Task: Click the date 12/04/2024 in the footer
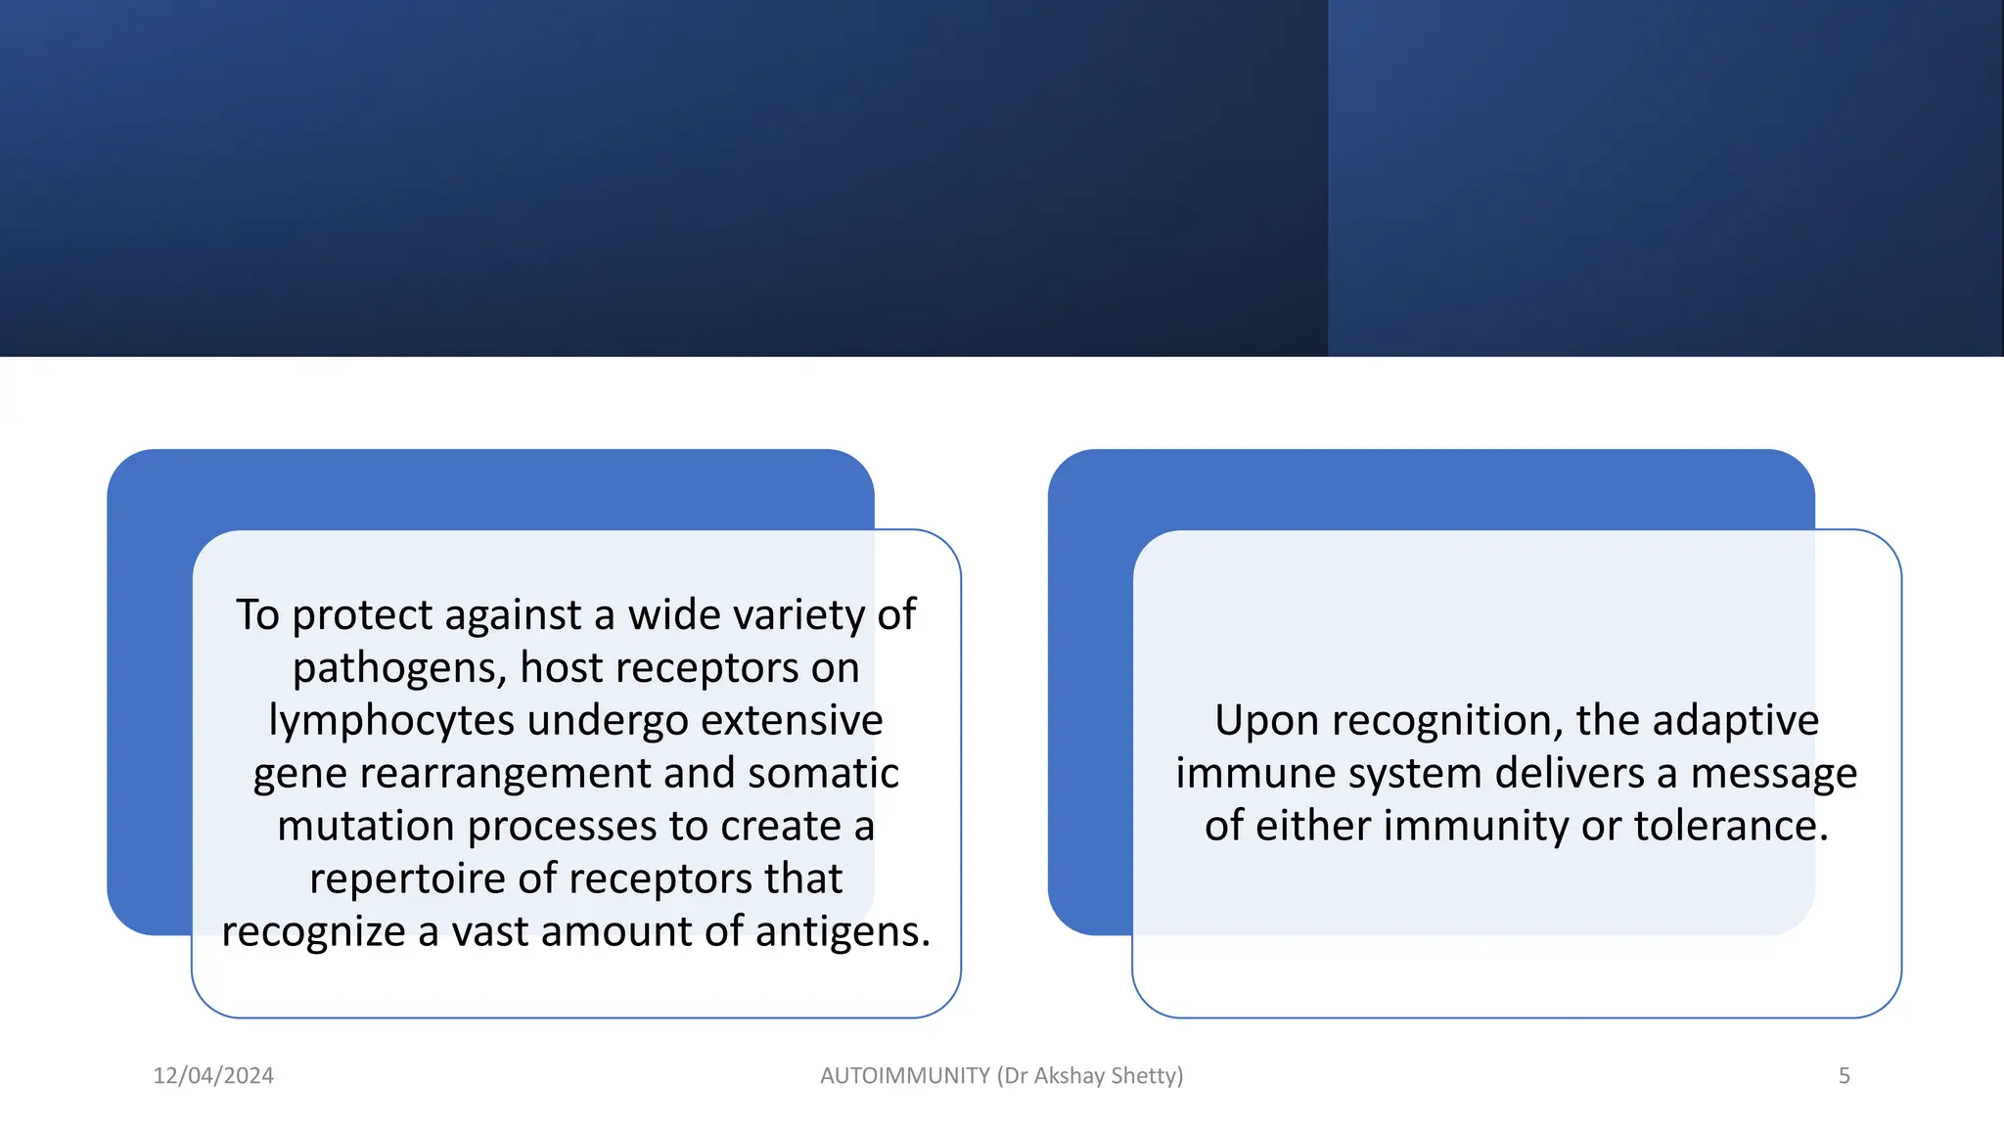pyautogui.click(x=213, y=1075)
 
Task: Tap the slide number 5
pyautogui.click(x=1844, y=1075)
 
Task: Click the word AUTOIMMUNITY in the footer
pyautogui.click(x=904, y=1075)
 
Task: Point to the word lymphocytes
pyautogui.click(x=391, y=722)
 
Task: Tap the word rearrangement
pyautogui.click(x=505, y=775)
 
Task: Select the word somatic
pyautogui.click(x=823, y=773)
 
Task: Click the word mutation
pyautogui.click(x=367, y=826)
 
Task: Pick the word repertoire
pyautogui.click(x=407, y=879)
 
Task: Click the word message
pyautogui.click(x=1773, y=775)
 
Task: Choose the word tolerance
pyautogui.click(x=1730, y=826)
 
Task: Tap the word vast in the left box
pyautogui.click(x=489, y=931)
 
